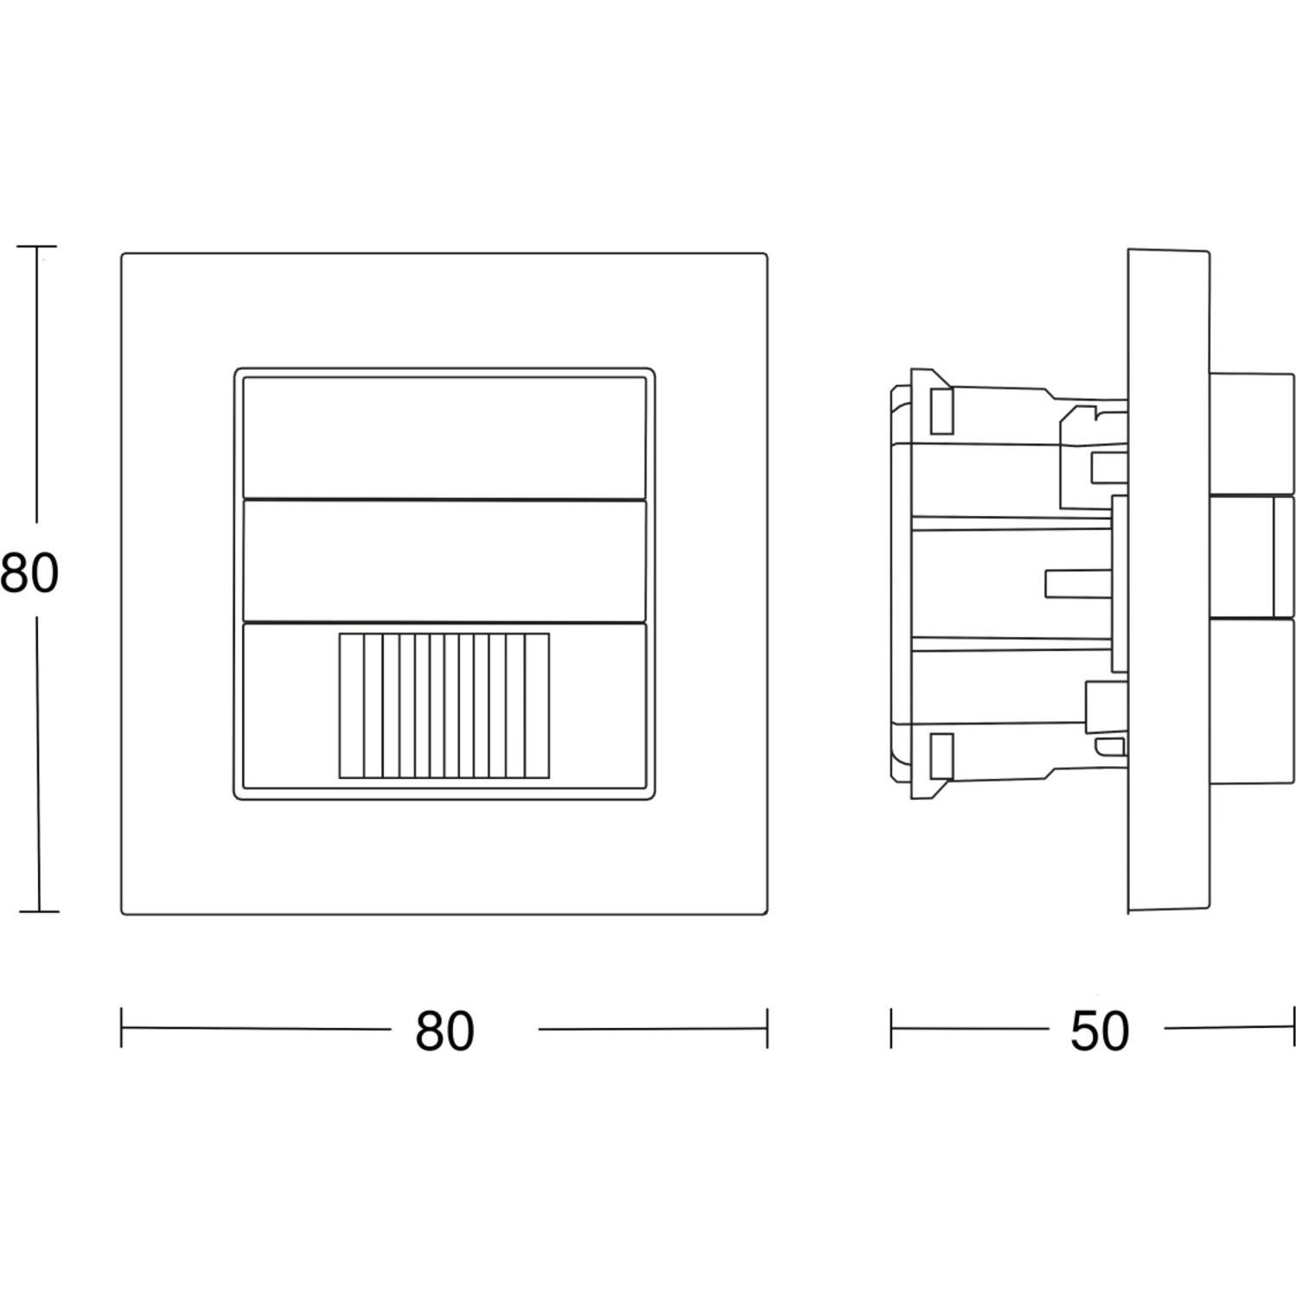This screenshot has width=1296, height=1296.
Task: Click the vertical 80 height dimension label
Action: pyautogui.click(x=29, y=573)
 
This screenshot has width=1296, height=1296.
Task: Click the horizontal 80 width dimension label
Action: pyautogui.click(x=444, y=1031)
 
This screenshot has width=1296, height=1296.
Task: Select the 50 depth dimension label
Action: pyautogui.click(x=1100, y=1031)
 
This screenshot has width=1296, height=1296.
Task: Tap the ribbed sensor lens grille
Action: pyautogui.click(x=444, y=705)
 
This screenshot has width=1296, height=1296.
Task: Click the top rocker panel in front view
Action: pyautogui.click(x=444, y=437)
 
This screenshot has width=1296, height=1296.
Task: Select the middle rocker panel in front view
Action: pyautogui.click(x=444, y=560)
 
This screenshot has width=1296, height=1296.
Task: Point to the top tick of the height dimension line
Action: pyautogui.click(x=36, y=246)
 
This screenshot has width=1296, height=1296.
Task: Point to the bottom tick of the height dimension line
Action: pyautogui.click(x=38, y=910)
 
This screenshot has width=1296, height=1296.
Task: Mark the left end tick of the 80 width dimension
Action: pyautogui.click(x=121, y=1027)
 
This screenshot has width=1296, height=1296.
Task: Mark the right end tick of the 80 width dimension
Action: pyautogui.click(x=767, y=1027)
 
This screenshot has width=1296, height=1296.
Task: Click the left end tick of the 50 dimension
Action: pyautogui.click(x=891, y=1027)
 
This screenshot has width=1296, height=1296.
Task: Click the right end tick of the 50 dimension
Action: pyautogui.click(x=1294, y=1027)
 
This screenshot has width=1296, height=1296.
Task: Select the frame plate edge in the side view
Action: pyautogui.click(x=1168, y=580)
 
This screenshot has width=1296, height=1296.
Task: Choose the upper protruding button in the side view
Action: pyautogui.click(x=1251, y=433)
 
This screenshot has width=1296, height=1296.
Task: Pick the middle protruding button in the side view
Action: pyautogui.click(x=1251, y=557)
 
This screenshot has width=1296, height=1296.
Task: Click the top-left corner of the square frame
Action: pyautogui.click(x=122, y=254)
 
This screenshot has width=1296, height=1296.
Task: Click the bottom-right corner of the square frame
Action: pyautogui.click(x=767, y=914)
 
